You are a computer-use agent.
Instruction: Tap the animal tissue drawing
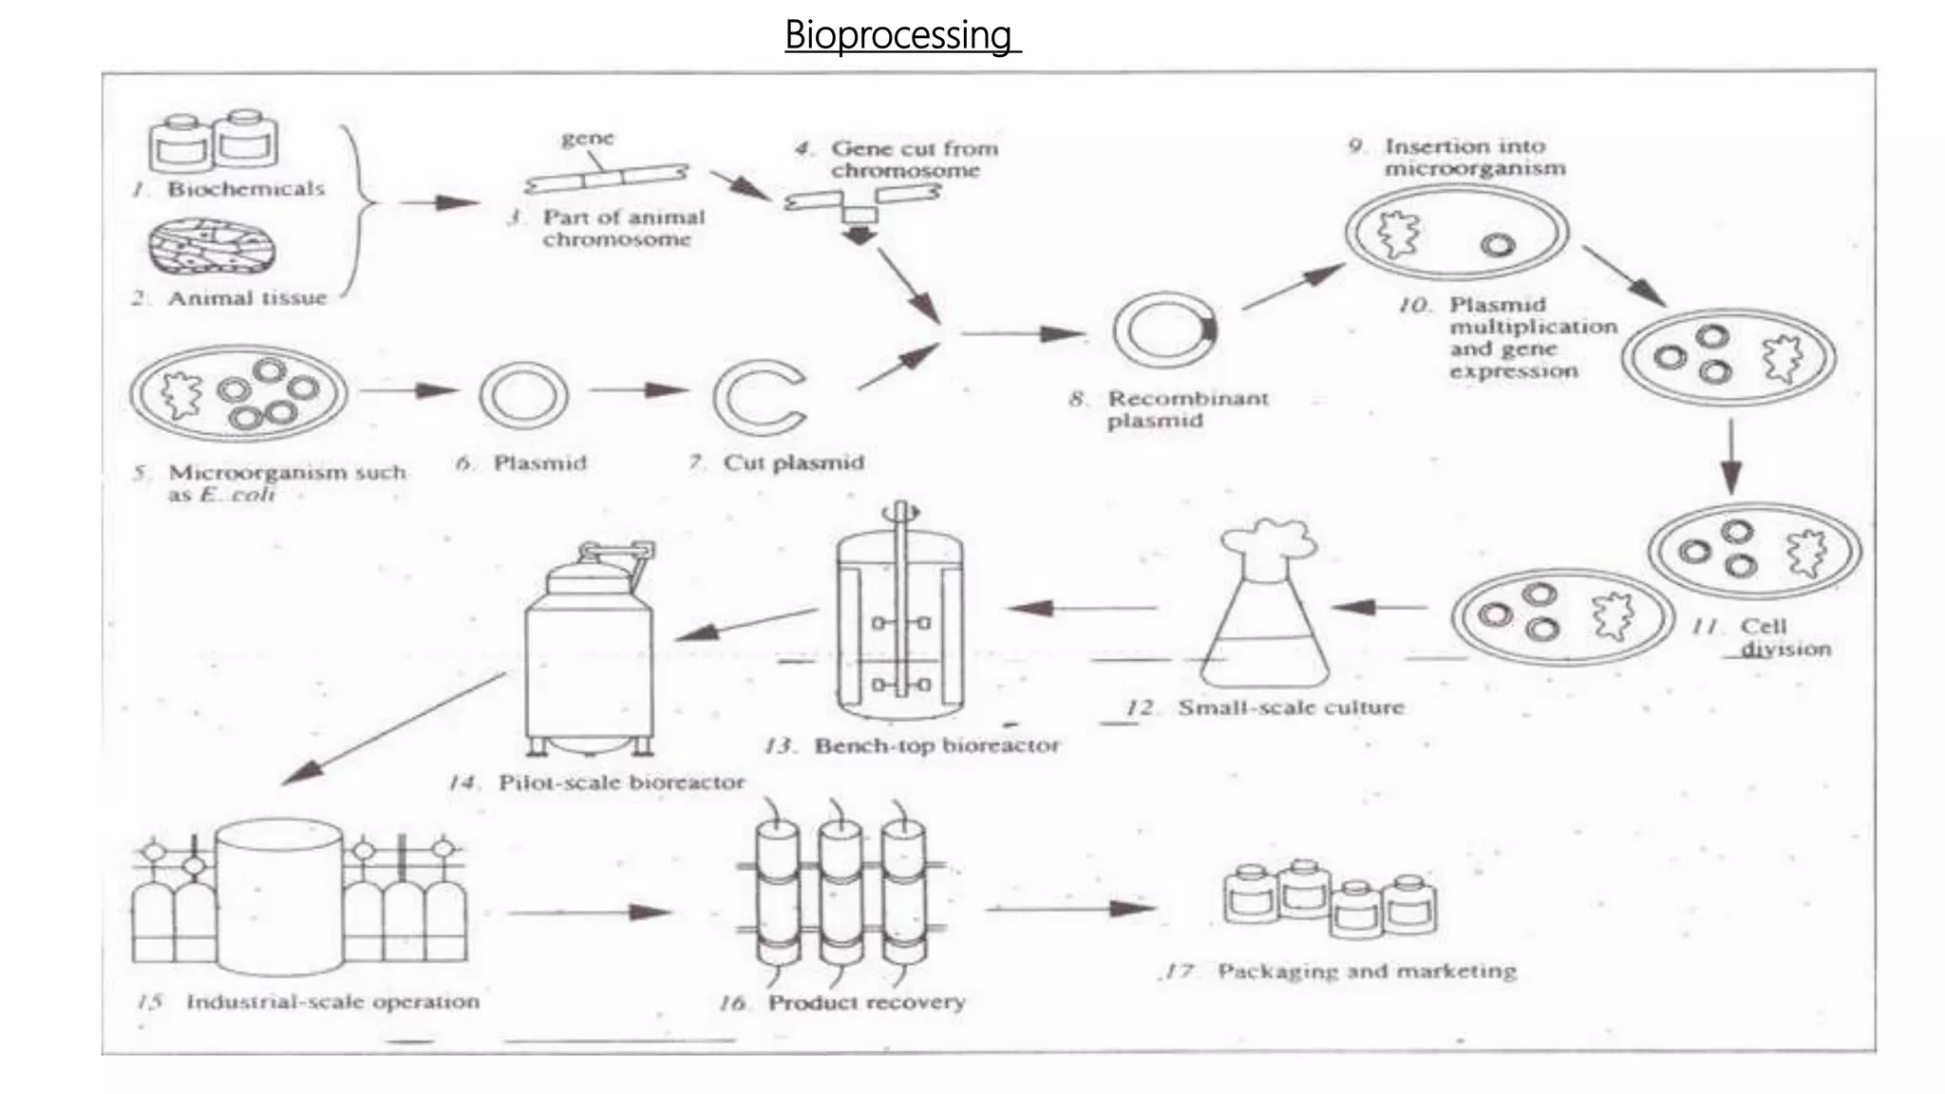(214, 246)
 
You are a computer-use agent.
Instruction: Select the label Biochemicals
(245, 188)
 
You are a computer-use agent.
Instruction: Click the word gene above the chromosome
(588, 138)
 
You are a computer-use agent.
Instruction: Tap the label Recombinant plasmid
(1186, 409)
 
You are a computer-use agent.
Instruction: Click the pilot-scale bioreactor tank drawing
(589, 655)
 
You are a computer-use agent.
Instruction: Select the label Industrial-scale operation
(331, 1002)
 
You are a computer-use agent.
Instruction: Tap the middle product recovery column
(840, 893)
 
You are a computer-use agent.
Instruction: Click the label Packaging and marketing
(1366, 971)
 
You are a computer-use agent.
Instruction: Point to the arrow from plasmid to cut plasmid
(638, 389)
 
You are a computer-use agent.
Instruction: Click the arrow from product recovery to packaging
(1071, 909)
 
